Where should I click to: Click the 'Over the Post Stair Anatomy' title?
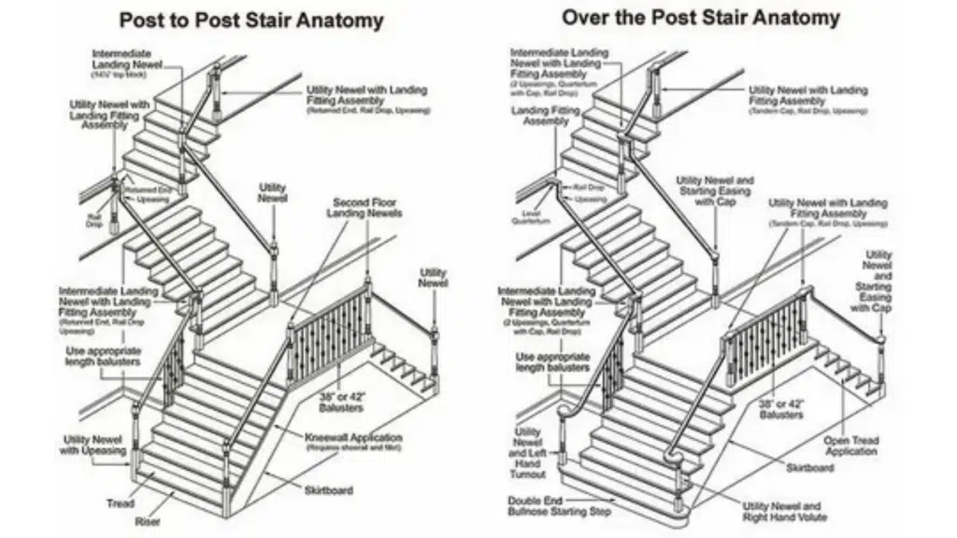(x=700, y=18)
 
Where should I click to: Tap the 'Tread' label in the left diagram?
(x=120, y=504)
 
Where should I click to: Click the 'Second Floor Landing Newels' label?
(x=364, y=207)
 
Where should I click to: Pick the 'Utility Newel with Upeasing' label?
(x=94, y=446)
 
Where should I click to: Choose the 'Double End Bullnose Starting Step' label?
(x=560, y=507)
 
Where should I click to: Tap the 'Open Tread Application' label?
(x=850, y=446)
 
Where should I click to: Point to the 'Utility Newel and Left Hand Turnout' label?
(x=527, y=454)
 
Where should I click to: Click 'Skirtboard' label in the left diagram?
(x=328, y=489)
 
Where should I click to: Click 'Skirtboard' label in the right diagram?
(x=809, y=467)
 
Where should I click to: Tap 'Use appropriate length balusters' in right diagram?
(x=551, y=362)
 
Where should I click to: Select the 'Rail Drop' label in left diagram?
(x=95, y=219)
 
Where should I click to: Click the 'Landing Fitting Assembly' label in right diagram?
(x=546, y=116)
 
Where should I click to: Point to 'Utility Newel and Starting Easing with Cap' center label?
(x=715, y=190)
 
